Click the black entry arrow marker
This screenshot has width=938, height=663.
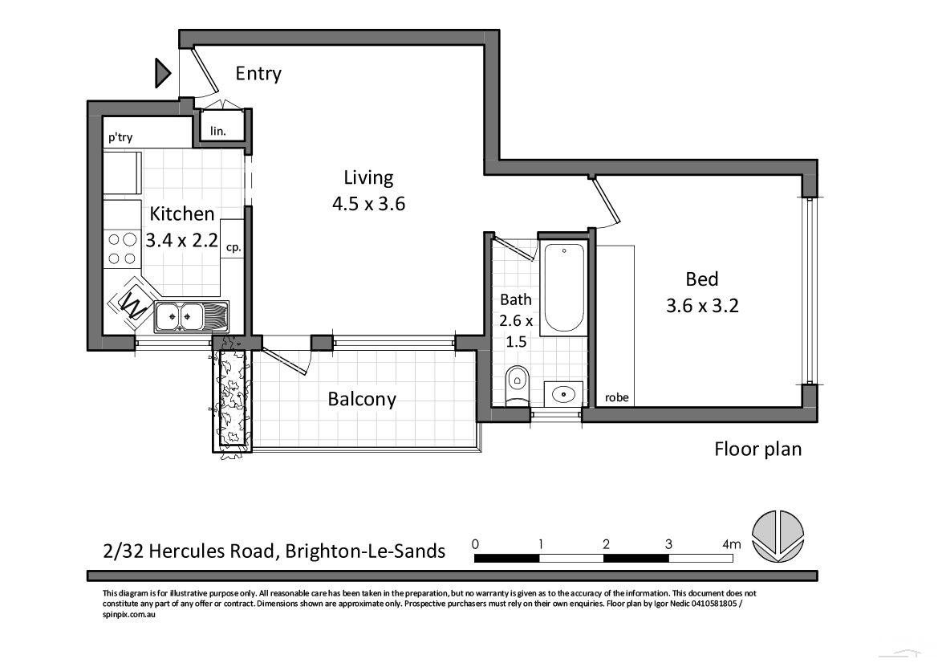(163, 74)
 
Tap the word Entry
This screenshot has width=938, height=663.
(258, 74)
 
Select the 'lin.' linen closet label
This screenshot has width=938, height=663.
(217, 130)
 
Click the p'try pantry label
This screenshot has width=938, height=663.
(120, 138)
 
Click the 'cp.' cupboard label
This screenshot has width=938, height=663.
(233, 248)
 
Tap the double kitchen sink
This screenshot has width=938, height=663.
(180, 316)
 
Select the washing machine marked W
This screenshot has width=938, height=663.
(132, 303)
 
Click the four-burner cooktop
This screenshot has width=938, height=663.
(121, 248)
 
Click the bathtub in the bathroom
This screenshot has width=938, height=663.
(563, 288)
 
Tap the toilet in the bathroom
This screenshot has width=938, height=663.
(518, 384)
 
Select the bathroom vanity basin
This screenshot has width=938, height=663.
(565, 393)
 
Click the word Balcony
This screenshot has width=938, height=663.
(361, 399)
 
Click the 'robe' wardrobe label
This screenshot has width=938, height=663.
(616, 397)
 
